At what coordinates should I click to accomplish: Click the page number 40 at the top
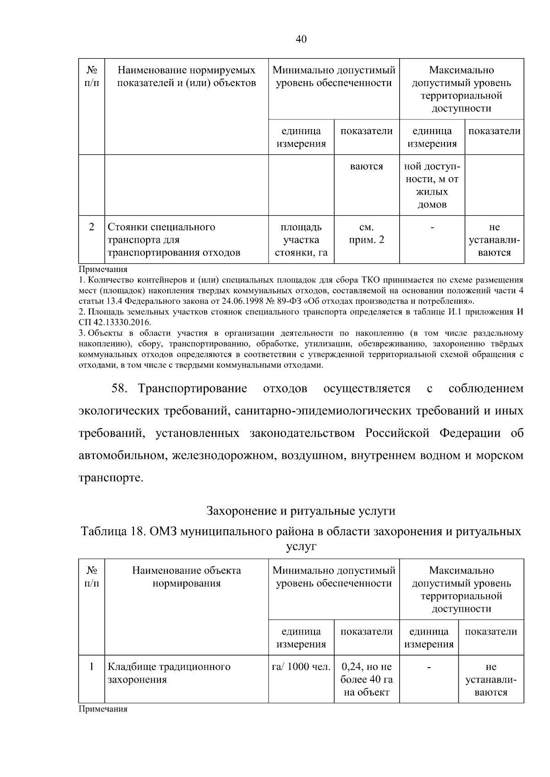[x=301, y=39]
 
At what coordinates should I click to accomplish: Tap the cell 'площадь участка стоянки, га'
[x=301, y=240]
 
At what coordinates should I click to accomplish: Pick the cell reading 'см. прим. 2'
[x=367, y=234]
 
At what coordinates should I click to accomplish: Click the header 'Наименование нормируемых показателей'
[x=187, y=77]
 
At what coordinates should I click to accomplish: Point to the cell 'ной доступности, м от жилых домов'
[x=432, y=185]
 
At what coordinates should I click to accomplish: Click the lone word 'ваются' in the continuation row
[x=367, y=167]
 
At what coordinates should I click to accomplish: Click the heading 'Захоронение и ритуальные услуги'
[x=301, y=511]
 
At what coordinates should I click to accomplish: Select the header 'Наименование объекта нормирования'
[x=187, y=577]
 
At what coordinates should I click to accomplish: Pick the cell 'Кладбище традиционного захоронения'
[x=169, y=673]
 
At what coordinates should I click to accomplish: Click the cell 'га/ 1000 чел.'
[x=301, y=667]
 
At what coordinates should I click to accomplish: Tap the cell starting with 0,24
[x=367, y=679]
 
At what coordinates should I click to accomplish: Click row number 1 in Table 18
[x=91, y=667]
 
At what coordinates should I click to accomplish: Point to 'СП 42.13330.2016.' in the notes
[x=115, y=322]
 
